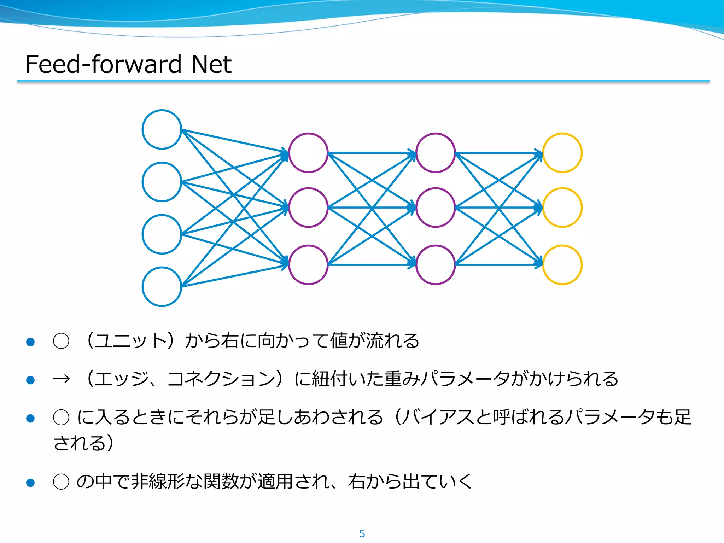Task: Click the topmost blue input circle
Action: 162,129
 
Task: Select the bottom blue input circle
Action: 162,287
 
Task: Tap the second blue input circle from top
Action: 162,182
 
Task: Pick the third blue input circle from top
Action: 162,234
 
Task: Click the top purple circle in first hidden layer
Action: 308,153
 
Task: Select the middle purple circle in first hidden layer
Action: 308,208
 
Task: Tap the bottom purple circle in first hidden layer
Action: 308,265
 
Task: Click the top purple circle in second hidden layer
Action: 436,153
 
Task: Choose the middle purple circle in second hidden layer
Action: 436,208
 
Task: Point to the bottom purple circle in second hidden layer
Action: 436,265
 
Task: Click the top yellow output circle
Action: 562,153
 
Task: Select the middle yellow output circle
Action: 562,208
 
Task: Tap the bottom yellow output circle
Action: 562,265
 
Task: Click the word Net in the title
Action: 211,64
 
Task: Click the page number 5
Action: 362,533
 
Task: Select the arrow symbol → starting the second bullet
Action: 61,379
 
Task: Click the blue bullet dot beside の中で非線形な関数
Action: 30,483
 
